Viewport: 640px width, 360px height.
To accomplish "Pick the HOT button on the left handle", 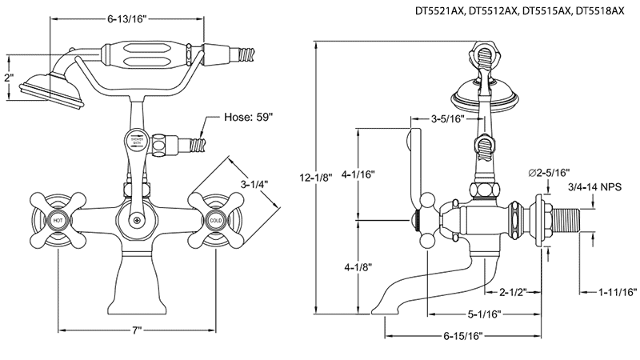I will [x=58, y=219].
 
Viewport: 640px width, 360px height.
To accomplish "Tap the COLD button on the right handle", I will [x=214, y=219].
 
